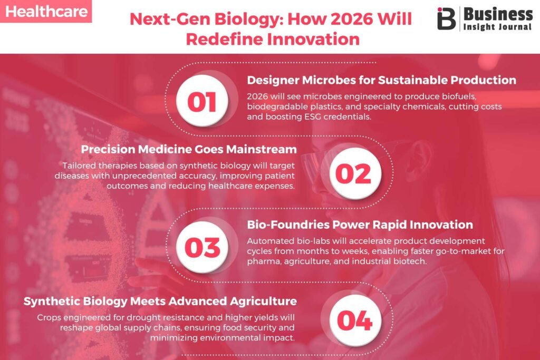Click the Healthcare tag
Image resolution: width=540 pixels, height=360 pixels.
(46, 11)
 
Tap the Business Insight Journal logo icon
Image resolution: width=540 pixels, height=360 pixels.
(446, 18)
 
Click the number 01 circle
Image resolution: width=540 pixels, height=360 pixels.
(202, 102)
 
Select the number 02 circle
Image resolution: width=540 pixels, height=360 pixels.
(355, 174)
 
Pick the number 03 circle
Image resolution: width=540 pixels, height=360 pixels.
(202, 247)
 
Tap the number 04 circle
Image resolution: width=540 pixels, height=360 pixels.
(355, 320)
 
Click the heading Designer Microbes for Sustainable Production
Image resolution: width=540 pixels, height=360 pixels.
(382, 80)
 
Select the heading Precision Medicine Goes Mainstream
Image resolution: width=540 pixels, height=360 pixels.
(189, 149)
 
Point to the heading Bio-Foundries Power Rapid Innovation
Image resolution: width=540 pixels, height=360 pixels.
(360, 225)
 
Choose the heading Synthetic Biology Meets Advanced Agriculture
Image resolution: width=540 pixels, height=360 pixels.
(160, 301)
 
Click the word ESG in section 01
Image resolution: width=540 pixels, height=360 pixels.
(312, 116)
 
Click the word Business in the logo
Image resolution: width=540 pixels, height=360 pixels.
(498, 14)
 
